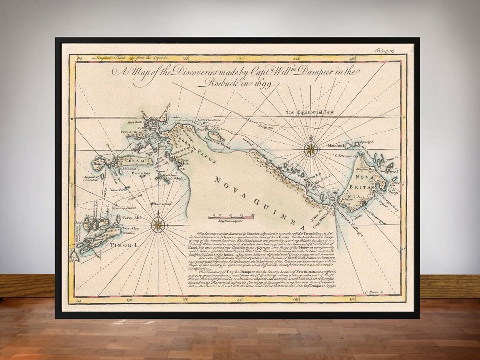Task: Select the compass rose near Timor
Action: [158, 225]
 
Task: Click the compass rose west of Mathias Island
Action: [310, 149]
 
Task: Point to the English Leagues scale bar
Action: [231, 217]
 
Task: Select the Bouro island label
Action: [98, 164]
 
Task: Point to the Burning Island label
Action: [126, 208]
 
